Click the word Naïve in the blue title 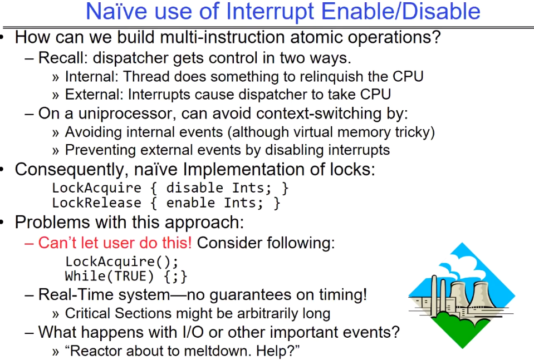(x=117, y=11)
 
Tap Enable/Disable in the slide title (x=401, y=11)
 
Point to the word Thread (x=146, y=77)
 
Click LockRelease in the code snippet (x=96, y=203)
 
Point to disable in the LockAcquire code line (x=194, y=188)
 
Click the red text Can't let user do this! (x=115, y=243)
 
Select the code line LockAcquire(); (x=121, y=262)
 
